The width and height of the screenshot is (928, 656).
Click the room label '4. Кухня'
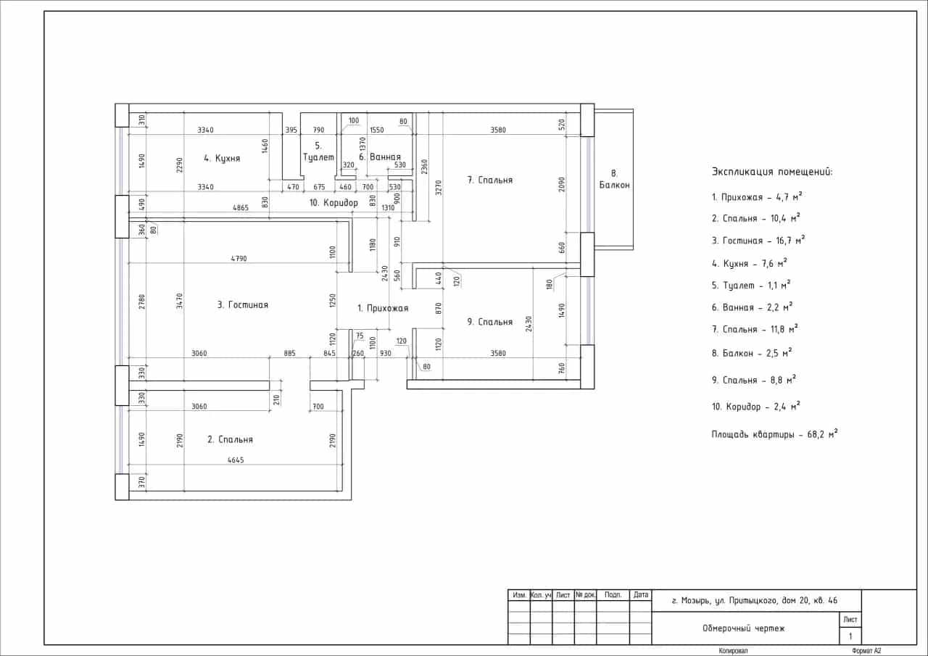(222, 158)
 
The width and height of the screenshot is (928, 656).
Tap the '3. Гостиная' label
(243, 305)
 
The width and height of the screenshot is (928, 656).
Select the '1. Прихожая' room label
(383, 308)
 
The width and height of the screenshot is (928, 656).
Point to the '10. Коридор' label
(333, 203)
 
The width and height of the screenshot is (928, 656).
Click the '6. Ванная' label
(380, 157)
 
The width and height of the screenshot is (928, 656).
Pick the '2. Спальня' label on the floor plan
(230, 439)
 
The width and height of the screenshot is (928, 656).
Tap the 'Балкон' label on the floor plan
(614, 185)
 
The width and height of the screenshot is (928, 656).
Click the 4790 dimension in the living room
(239, 259)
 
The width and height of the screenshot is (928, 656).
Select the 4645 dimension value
(236, 460)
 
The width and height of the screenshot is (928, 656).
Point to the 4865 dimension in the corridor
(240, 207)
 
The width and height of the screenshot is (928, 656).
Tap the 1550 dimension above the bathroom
(376, 130)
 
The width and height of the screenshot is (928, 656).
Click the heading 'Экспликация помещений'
(772, 172)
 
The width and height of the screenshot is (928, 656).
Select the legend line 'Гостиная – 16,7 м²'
(758, 240)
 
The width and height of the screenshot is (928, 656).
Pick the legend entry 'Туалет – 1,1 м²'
(751, 285)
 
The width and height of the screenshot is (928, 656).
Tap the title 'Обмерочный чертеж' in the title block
(744, 628)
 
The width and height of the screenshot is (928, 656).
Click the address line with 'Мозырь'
(755, 600)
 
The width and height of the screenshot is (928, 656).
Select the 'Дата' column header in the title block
(640, 594)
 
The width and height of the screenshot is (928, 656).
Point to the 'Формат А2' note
(866, 651)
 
